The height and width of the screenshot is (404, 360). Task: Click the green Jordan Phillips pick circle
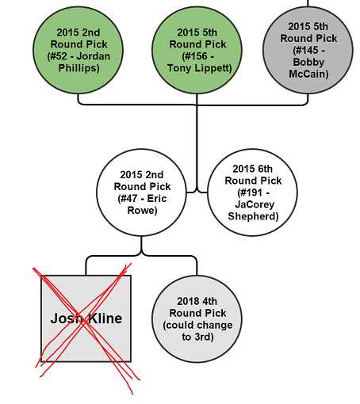(78, 50)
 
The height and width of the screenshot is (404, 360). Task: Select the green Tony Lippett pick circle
(197, 50)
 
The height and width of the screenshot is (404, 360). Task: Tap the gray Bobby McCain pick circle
(308, 50)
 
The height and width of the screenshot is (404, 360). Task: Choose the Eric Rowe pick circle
(141, 192)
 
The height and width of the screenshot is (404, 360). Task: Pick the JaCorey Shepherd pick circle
(252, 192)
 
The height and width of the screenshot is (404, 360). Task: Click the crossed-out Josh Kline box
(86, 318)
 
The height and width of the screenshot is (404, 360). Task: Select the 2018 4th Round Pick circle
(197, 319)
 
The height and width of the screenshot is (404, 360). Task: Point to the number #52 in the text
(59, 56)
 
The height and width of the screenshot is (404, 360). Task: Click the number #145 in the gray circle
(305, 50)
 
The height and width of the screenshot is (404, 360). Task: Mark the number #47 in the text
(129, 199)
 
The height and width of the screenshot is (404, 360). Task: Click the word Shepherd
(253, 216)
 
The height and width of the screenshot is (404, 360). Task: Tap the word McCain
(308, 74)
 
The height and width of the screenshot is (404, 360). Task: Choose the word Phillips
(79, 68)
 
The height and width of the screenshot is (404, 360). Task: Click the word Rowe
(142, 211)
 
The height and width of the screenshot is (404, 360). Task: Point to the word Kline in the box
(105, 318)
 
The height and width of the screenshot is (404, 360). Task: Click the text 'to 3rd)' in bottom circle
(197, 337)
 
